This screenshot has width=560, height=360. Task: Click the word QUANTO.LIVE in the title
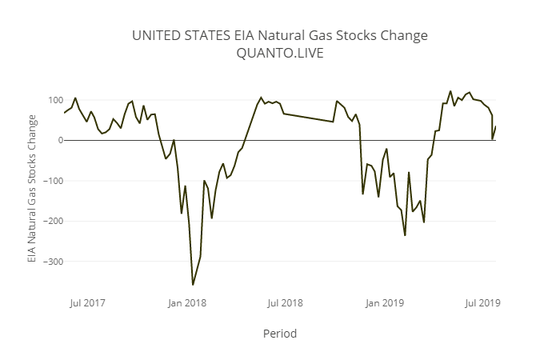coord(280,54)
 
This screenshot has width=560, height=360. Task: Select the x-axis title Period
coord(280,333)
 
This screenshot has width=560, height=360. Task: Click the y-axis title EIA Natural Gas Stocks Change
coord(32,189)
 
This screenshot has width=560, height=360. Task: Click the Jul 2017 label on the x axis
coord(88,302)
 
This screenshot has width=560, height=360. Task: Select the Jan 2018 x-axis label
coord(186,302)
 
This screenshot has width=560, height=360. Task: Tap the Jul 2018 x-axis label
coord(285,302)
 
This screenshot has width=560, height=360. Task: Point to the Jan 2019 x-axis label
coord(384,302)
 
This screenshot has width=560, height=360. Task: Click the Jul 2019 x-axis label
coord(482,302)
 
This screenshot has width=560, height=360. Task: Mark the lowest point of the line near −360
coord(193,285)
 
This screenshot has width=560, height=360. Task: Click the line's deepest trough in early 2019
coord(405,235)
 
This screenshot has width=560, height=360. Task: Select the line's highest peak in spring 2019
coord(450,91)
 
